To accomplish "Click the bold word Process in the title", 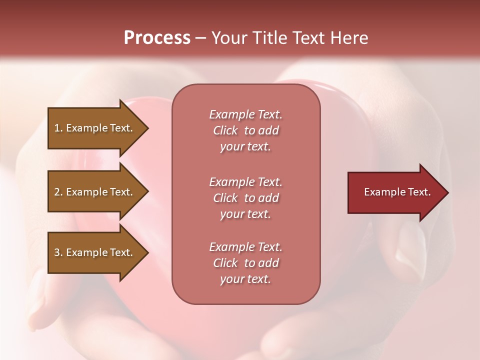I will coord(157,38).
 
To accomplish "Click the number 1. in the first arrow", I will coord(58,128).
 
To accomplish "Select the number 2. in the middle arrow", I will coord(58,192).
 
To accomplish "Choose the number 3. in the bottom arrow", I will coord(58,252).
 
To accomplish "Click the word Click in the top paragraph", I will coord(225,130).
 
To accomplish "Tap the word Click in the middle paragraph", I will coord(225,198).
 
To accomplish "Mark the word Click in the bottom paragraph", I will coord(225,263).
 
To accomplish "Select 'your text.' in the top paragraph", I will coord(245,147).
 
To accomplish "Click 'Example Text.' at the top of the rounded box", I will coord(245,114).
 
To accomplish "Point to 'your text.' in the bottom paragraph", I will coord(245,279).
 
